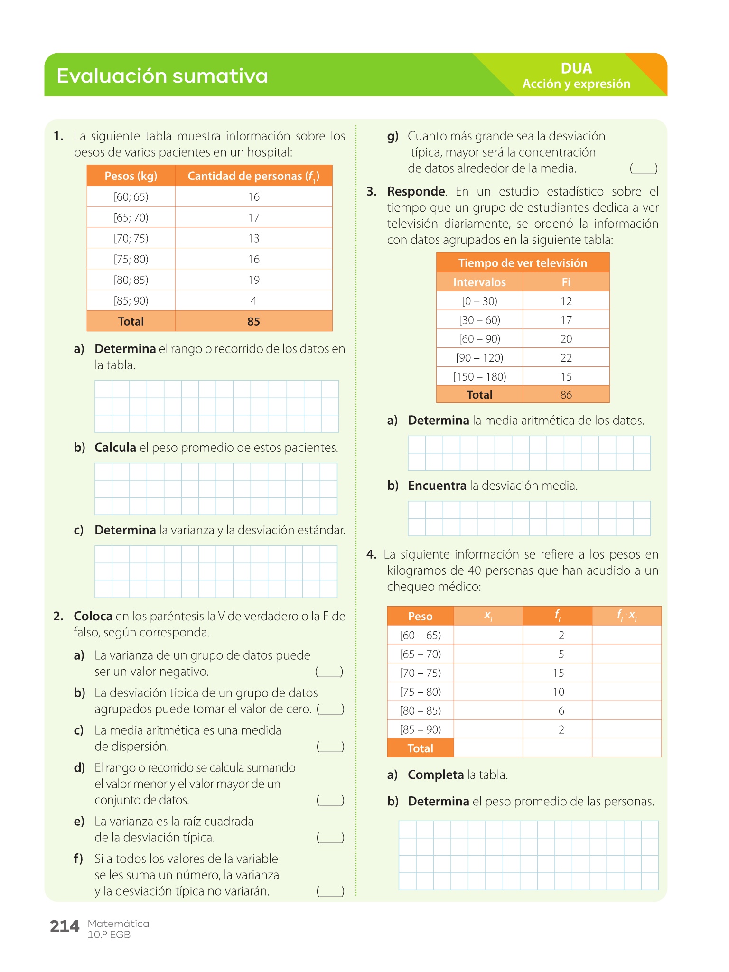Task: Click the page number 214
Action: tap(65, 926)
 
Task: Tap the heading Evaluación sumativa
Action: tap(162, 76)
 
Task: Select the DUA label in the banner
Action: tap(576, 68)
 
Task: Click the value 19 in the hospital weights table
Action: tap(253, 280)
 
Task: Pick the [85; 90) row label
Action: tap(131, 301)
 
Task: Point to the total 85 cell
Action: tap(253, 322)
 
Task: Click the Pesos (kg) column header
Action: tap(131, 176)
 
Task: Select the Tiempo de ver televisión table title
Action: tap(523, 263)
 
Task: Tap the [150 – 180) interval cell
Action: tap(479, 377)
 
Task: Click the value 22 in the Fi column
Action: tap(566, 358)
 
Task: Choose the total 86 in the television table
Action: tap(566, 395)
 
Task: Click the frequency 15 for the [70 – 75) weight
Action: tap(558, 673)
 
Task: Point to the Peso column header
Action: tap(420, 616)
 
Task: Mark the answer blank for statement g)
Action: tap(643, 169)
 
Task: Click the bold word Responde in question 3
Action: tap(416, 192)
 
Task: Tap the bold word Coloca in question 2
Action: tap(93, 617)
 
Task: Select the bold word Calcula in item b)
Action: tap(115, 448)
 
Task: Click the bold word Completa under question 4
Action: tap(436, 775)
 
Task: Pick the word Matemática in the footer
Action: tap(118, 924)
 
